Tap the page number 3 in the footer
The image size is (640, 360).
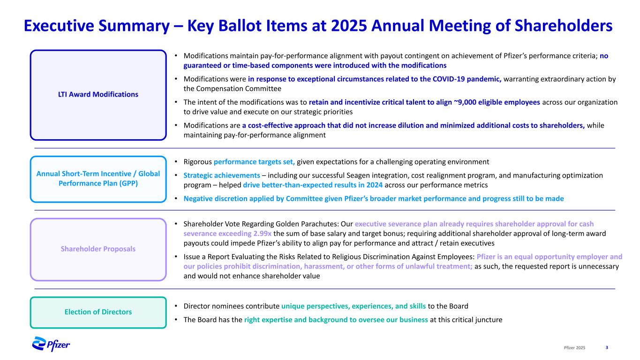click(607, 347)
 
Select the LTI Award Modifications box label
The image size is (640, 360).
click(98, 94)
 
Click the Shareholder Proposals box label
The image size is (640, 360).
click(98, 249)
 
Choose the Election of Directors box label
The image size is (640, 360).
click(98, 312)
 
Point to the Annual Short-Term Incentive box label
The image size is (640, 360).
click(98, 178)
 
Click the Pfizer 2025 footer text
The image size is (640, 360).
click(574, 347)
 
